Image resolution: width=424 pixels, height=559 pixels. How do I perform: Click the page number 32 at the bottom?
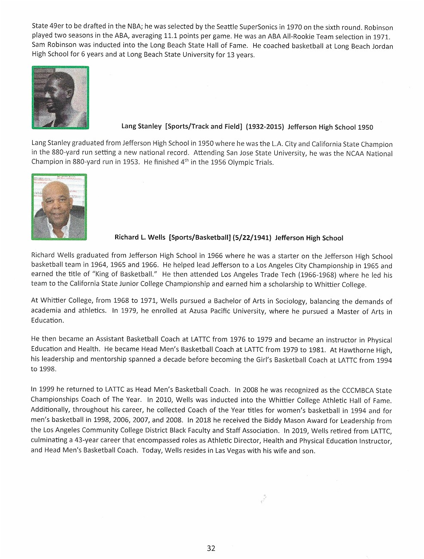(211, 548)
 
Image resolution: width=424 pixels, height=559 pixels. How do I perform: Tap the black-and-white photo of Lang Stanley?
(60, 98)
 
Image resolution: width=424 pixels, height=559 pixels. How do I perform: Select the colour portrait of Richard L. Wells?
(59, 207)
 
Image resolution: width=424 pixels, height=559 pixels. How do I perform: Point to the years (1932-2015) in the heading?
(265, 127)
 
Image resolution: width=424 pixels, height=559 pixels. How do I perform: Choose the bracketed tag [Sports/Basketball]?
(200, 238)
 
